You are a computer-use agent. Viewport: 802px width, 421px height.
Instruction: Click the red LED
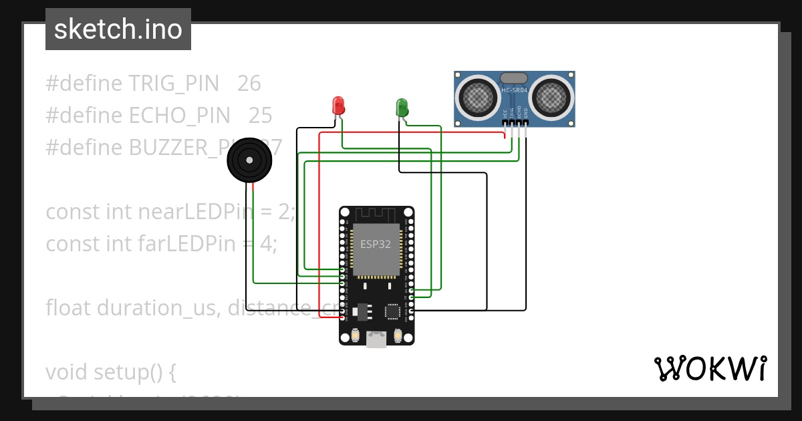tap(338, 105)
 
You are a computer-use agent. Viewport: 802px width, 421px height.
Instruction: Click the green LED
tap(402, 106)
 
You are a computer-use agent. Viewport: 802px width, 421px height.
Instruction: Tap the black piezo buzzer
tap(249, 160)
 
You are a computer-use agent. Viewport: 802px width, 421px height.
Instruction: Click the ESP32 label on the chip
tap(376, 244)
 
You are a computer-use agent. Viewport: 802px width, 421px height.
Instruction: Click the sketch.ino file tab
tap(118, 29)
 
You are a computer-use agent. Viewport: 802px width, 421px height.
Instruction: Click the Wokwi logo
tap(710, 369)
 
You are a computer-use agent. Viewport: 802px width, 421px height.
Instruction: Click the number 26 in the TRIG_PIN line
tap(249, 84)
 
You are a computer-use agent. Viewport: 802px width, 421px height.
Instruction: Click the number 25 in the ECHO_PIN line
tap(260, 116)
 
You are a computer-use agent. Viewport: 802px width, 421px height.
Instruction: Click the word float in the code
tap(69, 308)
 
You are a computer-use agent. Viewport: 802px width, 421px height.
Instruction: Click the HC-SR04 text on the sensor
tap(515, 90)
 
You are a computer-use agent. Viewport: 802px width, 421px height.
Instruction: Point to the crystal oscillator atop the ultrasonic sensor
tap(514, 78)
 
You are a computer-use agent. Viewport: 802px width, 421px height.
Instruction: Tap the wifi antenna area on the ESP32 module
tap(376, 215)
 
